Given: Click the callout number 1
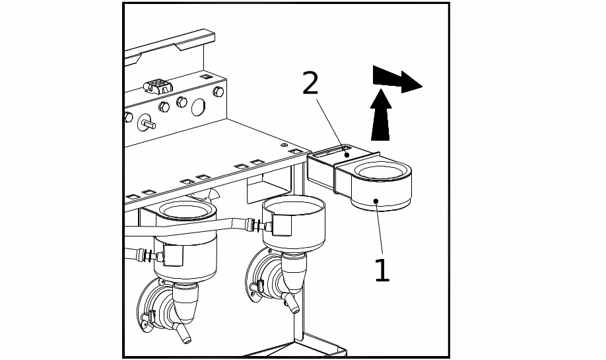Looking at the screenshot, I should (x=382, y=271).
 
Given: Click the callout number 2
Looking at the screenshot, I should (x=310, y=84).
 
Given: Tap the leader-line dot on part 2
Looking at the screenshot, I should (x=347, y=155).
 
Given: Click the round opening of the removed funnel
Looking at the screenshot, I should (x=381, y=172).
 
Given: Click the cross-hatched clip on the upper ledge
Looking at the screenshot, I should (x=158, y=86).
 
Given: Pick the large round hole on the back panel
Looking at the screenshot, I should (x=198, y=106).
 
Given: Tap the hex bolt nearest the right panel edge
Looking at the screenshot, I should (x=218, y=92).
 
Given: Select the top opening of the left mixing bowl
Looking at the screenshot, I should (x=187, y=211).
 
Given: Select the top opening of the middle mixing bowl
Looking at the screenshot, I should (x=294, y=207).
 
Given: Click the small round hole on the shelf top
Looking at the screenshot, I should (x=284, y=145).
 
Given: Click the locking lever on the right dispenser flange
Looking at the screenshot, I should (x=258, y=286).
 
